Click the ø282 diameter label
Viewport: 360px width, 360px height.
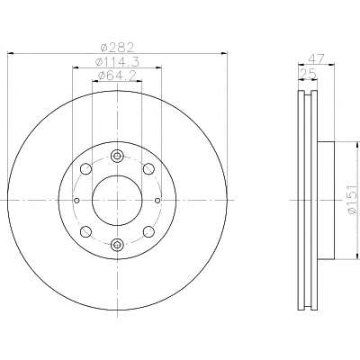click(117, 48)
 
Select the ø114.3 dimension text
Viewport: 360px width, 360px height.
click(117, 62)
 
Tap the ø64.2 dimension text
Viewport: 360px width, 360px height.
click(117, 76)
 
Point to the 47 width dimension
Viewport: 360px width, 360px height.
click(316, 58)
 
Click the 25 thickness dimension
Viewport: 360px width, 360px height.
click(308, 74)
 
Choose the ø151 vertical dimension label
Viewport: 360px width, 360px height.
click(353, 199)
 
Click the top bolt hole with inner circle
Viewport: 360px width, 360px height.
click(117, 156)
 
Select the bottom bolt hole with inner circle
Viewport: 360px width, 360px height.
click(117, 245)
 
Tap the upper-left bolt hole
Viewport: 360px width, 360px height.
click(86, 168)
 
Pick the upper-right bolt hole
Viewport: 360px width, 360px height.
click(148, 168)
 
